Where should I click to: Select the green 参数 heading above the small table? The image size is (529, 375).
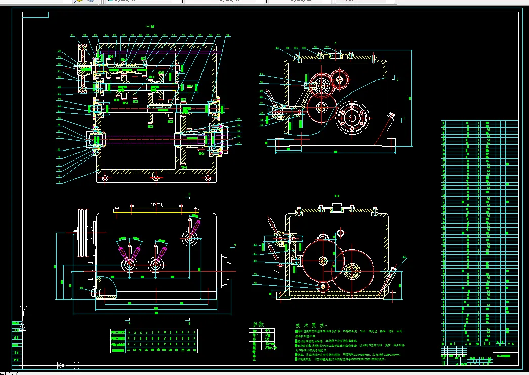pyautogui.click(x=258, y=324)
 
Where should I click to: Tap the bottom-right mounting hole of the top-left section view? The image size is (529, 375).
pyautogui.click(x=208, y=178)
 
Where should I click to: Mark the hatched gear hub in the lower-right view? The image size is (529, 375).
pyautogui.click(x=353, y=271)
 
